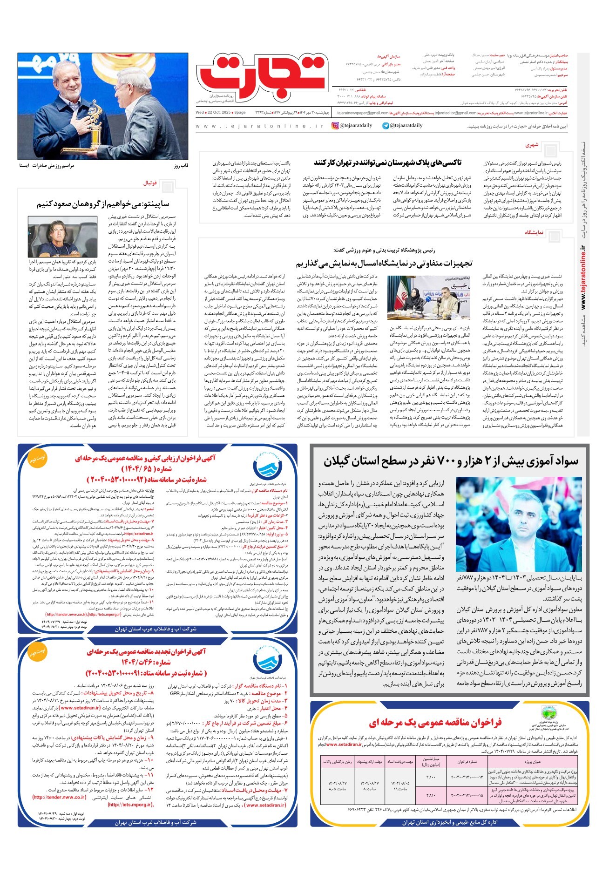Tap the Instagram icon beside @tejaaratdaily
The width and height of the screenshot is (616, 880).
335,126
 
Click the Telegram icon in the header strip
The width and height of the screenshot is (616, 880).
386,126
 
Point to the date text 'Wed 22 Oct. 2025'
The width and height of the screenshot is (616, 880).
214,113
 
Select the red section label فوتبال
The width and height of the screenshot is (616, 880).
150,183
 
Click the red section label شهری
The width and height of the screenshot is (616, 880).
532,145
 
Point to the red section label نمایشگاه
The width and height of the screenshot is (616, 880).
535,232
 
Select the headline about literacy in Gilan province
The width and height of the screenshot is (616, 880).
450,461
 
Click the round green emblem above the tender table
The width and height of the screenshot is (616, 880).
546,714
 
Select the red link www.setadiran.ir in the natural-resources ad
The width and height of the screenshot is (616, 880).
344,745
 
